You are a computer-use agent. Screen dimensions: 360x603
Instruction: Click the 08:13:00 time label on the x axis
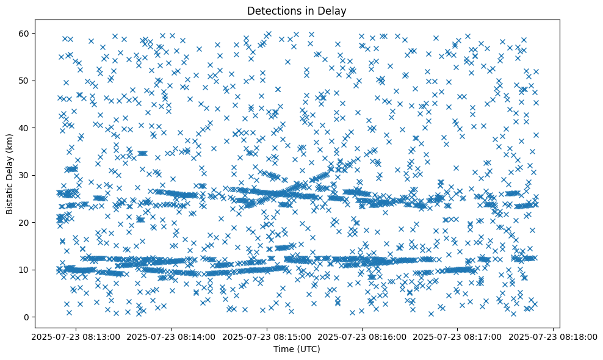pos(76,336)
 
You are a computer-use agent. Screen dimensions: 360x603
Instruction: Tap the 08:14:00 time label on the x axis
pos(172,336)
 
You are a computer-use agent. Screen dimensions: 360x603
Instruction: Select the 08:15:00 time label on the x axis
pos(267,336)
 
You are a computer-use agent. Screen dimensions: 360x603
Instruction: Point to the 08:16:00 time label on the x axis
pos(363,336)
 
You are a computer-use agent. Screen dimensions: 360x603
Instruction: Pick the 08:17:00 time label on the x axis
pos(458,336)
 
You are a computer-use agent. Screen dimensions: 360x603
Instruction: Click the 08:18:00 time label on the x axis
pos(553,336)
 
